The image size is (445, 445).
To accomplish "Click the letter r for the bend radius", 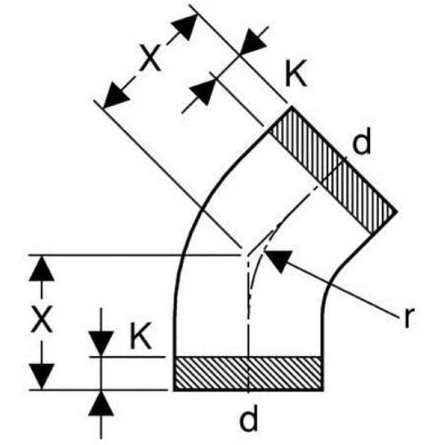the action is [x=408, y=318].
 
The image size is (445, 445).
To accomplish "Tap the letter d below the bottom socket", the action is [x=248, y=417].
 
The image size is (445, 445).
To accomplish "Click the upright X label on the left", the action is [x=42, y=319].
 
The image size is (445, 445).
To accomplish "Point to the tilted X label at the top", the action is [x=151, y=58].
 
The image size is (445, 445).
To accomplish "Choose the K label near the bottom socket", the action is [x=141, y=336].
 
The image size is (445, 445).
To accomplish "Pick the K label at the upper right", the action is [x=295, y=73].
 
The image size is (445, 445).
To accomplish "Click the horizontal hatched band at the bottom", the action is [x=248, y=373].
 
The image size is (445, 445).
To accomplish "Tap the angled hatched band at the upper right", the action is [x=333, y=170].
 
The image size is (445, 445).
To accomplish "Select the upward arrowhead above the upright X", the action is [x=42, y=268].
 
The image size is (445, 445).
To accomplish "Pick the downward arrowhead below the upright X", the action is [x=42, y=376].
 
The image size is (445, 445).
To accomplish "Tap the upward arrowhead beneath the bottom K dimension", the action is [x=101, y=403].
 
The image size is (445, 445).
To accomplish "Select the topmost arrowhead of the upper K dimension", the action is [x=253, y=42].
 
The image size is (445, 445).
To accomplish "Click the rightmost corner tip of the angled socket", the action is [x=397, y=212].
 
